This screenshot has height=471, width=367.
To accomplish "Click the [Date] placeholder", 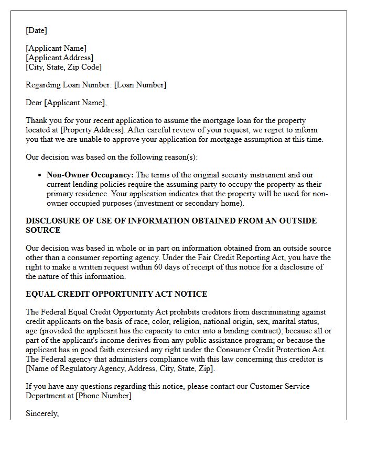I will tap(36, 30).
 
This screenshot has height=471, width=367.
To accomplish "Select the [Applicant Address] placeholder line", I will tap(59, 58).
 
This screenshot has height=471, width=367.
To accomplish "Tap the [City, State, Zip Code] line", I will tap(63, 67).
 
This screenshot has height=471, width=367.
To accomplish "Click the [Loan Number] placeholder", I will tap(140, 85).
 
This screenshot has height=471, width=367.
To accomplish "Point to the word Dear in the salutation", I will tap(34, 103).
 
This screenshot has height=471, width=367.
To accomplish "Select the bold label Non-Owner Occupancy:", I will tap(90, 175).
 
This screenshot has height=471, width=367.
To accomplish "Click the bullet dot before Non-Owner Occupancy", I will tap(41, 175).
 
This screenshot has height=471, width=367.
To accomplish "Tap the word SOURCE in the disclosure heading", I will tap(43, 230).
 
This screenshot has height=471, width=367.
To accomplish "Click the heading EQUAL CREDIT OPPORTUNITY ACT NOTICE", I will tap(116, 294).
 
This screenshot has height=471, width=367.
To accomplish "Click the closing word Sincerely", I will tap(42, 413).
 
